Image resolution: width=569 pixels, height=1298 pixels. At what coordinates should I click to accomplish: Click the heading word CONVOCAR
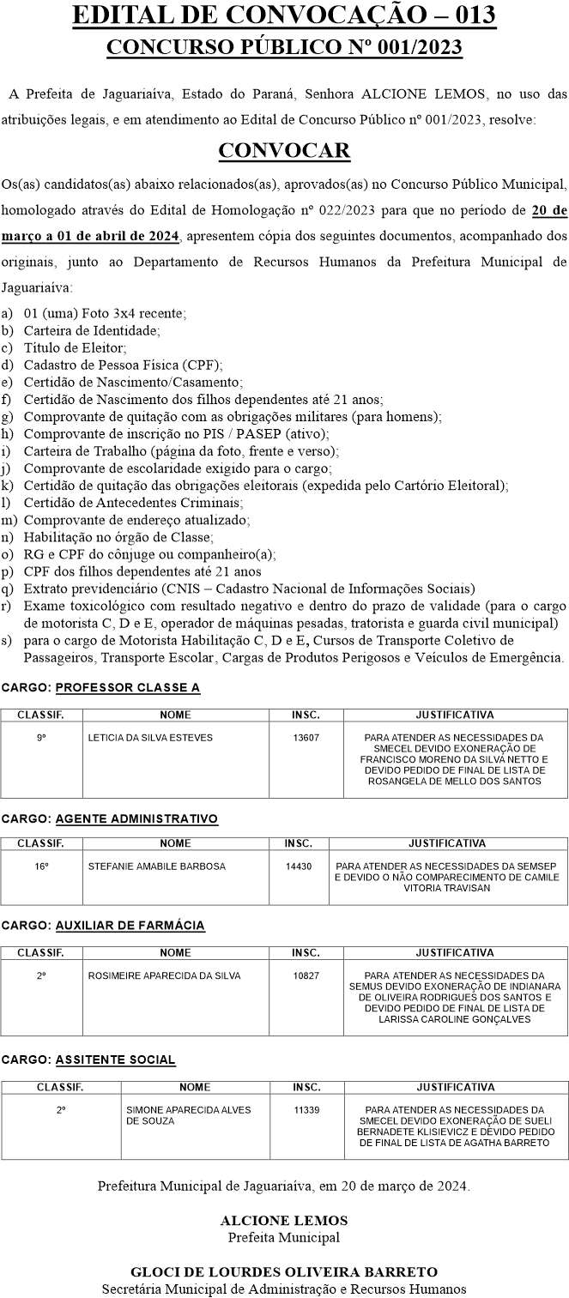pos(284,151)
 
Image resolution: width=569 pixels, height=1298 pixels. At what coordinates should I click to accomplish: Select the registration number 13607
pos(306,738)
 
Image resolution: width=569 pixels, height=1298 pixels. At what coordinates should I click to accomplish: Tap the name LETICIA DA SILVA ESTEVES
pos(150,738)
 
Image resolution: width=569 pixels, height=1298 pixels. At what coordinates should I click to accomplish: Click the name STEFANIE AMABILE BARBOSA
pos(157,866)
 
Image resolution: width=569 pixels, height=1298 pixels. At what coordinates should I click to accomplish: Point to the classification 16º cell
pos(41,866)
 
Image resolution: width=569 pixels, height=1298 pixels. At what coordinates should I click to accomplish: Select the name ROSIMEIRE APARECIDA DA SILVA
pos(164,975)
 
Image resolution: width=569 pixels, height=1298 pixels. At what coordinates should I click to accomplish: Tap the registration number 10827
pos(306,975)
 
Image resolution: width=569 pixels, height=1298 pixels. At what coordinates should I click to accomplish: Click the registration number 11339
pos(306,1109)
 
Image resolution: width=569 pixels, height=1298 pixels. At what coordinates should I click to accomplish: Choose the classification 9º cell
pos(41,738)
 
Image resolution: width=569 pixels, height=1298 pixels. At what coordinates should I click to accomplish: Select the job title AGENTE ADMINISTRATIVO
pos(137,818)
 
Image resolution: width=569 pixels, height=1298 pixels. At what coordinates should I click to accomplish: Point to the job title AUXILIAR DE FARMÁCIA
pos(130,926)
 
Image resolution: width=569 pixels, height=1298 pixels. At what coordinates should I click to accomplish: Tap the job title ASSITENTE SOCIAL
pos(116,1060)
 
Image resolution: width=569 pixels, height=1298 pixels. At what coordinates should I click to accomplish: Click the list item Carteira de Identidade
pos(92,329)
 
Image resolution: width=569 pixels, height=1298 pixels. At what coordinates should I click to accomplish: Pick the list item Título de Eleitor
pos(76,347)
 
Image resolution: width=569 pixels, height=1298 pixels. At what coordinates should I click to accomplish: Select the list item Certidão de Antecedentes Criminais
pos(133,502)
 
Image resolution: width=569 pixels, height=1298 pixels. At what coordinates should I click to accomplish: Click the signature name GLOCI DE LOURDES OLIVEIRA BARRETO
pos(284,1271)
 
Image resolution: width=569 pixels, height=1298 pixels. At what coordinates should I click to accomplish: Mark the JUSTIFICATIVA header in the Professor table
pos(455,714)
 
